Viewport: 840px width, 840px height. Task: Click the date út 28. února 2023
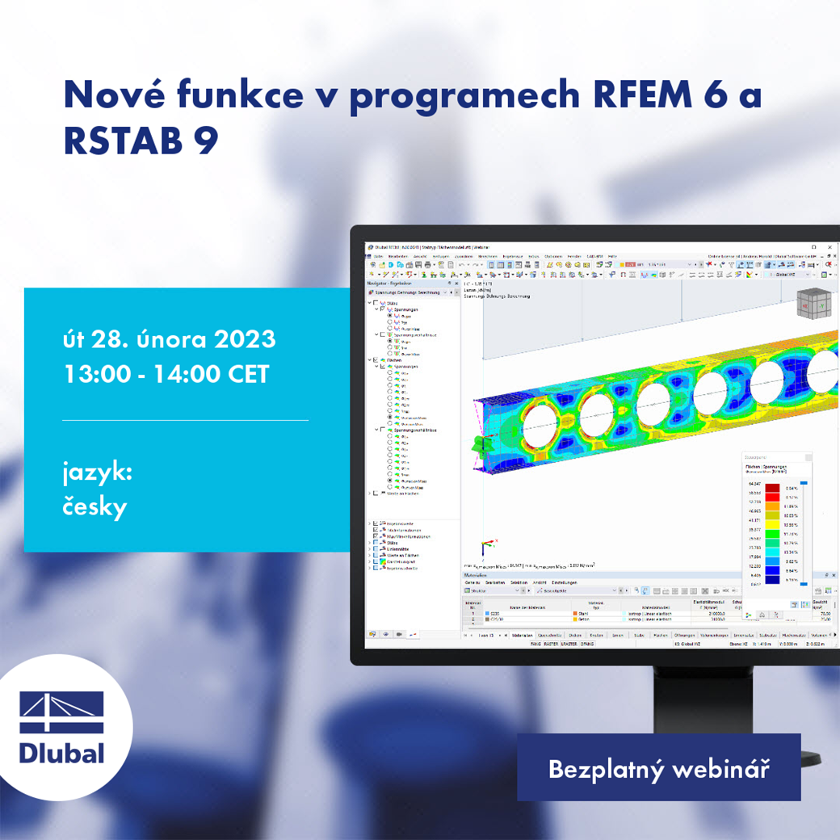tap(169, 339)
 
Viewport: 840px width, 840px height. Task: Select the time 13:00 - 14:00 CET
tap(166, 375)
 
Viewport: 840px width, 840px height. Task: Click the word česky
tap(94, 507)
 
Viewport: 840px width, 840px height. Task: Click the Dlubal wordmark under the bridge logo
tap(62, 753)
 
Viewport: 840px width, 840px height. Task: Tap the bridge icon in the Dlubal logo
tap(62, 712)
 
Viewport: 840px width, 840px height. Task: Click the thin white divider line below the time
tap(185, 420)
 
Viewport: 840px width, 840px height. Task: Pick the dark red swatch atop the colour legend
tap(772, 488)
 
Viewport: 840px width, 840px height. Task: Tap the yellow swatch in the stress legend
tap(772, 515)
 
